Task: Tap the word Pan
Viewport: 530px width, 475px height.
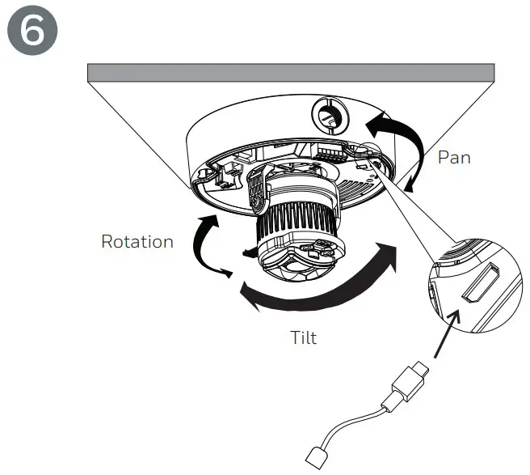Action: [453, 157]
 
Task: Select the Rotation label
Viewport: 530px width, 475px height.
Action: [137, 241]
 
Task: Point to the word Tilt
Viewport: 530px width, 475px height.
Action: [303, 337]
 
